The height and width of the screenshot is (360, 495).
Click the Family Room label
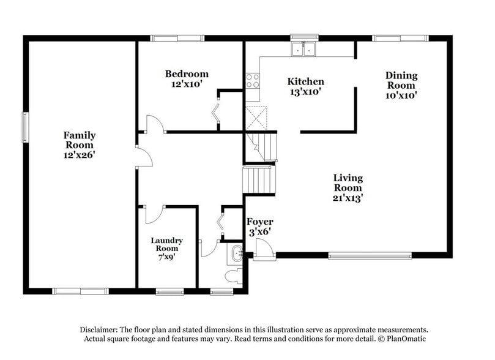(x=80, y=145)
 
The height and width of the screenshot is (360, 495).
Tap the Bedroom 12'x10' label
(x=187, y=79)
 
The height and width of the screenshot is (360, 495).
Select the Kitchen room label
(x=306, y=86)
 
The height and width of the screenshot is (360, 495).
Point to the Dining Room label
(x=401, y=84)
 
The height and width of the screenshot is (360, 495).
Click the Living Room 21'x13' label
(x=348, y=187)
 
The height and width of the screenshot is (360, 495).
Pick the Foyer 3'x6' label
(x=259, y=226)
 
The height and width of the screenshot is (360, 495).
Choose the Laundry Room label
(x=166, y=249)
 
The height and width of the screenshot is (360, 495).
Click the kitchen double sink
(x=303, y=49)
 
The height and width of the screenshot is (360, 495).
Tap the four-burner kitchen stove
(x=252, y=80)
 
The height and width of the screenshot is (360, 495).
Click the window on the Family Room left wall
(x=25, y=127)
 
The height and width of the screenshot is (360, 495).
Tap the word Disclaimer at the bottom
(x=99, y=329)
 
